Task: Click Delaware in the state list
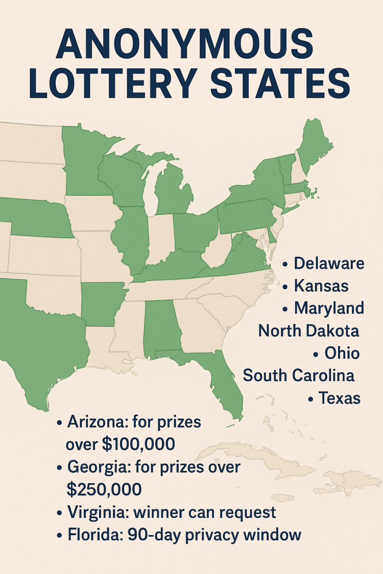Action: (329, 263)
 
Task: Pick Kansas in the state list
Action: (321, 286)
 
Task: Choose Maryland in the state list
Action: (329, 308)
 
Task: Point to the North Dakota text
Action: (308, 331)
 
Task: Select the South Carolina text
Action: (299, 376)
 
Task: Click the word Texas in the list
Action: (340, 398)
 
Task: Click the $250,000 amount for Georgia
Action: (104, 490)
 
